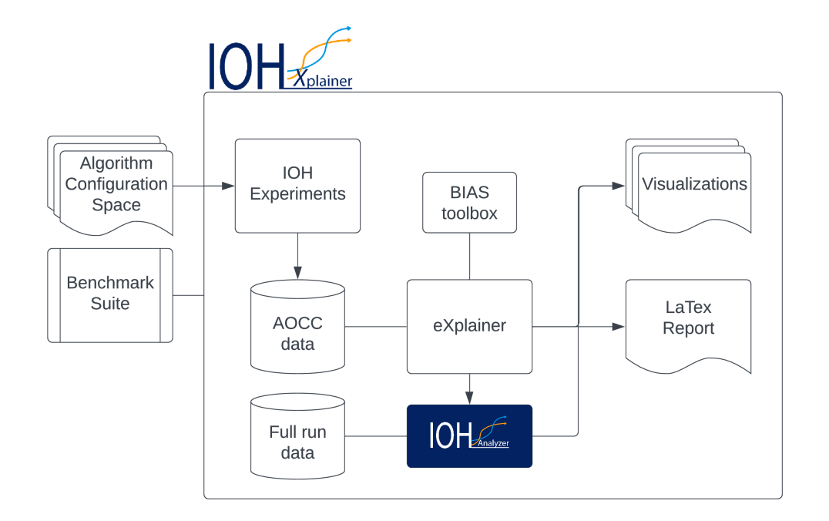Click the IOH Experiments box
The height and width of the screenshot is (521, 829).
pyautogui.click(x=297, y=185)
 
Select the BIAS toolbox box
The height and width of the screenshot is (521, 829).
pyautogui.click(x=469, y=202)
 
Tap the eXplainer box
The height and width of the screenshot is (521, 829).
pyautogui.click(x=469, y=326)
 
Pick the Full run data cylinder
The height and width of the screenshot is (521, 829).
pyautogui.click(x=297, y=436)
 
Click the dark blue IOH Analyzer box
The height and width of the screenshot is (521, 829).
pyautogui.click(x=469, y=436)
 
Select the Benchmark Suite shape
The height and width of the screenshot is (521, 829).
pyautogui.click(x=110, y=294)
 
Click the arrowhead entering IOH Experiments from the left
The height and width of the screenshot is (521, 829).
pyautogui.click(x=228, y=186)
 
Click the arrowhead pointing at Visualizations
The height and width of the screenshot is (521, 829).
pyautogui.click(x=618, y=186)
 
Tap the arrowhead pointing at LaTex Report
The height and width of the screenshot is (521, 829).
pyautogui.click(x=618, y=327)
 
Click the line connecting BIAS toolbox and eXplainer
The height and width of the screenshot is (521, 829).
pyautogui.click(x=469, y=256)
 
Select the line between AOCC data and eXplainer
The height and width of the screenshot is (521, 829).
pyautogui.click(x=375, y=327)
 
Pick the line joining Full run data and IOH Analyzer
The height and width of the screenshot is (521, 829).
pyautogui.click(x=375, y=436)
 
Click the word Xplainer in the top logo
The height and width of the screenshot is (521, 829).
pyautogui.click(x=322, y=80)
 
